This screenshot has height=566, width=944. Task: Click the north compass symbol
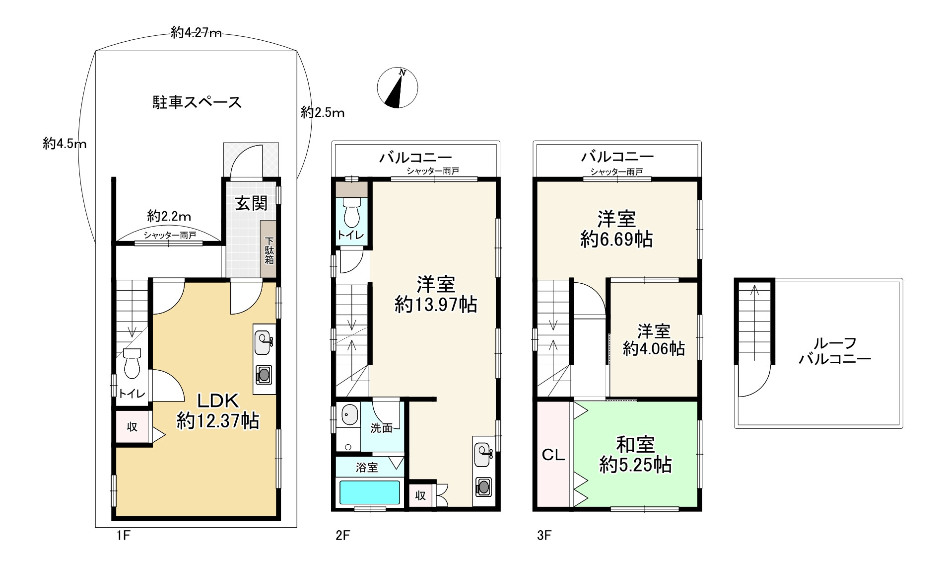tap(397, 87)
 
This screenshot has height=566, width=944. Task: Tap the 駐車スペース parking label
tap(197, 102)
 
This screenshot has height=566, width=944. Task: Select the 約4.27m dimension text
tap(196, 33)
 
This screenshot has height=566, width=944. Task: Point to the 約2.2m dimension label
tap(169, 216)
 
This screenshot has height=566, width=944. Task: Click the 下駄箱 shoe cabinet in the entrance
tap(269, 248)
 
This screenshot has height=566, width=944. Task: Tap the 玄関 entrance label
tap(251, 203)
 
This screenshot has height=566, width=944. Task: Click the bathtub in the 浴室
tap(368, 492)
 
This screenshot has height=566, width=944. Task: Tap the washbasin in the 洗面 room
tap(350, 415)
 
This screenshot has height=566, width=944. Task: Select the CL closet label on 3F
tap(553, 455)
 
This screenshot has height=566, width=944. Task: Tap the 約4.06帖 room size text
tap(654, 348)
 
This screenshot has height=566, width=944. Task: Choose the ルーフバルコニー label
tap(835, 351)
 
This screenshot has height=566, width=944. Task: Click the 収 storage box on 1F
tap(132, 427)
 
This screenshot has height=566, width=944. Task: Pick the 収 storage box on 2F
tap(420, 495)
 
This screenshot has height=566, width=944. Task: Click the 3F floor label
tap(544, 535)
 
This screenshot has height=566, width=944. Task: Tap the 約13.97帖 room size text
tap(436, 304)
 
